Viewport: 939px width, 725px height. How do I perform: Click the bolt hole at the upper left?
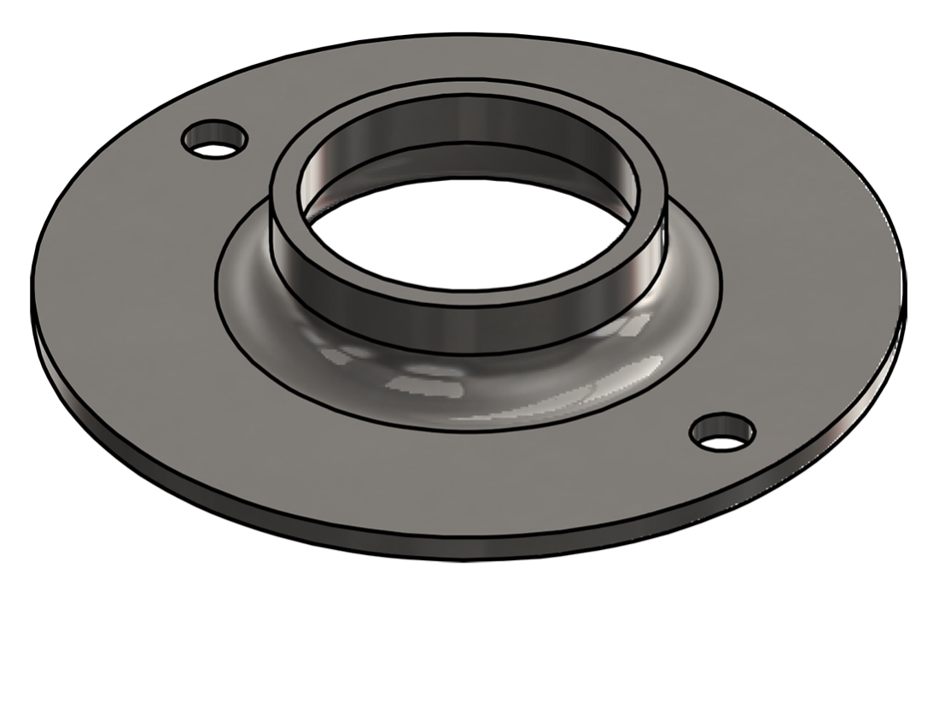(x=214, y=139)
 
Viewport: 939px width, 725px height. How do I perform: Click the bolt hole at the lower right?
(x=722, y=433)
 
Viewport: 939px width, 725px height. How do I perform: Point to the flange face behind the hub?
(x=469, y=60)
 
